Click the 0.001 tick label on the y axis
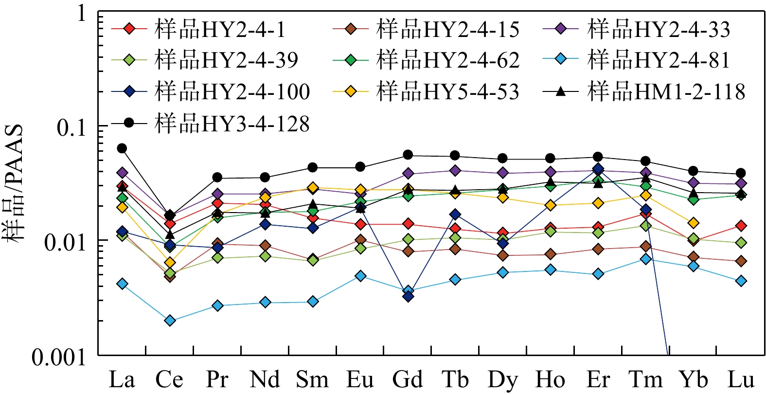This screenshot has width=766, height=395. coord(58,358)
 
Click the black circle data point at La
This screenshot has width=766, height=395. coord(122,148)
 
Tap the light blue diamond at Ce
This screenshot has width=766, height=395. coord(170,321)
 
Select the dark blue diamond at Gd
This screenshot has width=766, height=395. coord(408,296)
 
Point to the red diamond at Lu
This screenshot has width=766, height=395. coord(741,226)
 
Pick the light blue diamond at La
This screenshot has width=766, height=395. coord(122,284)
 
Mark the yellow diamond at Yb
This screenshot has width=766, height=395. coord(693,223)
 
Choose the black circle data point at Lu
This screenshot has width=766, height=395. coord(741,173)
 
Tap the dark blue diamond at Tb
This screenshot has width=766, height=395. coord(455,215)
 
